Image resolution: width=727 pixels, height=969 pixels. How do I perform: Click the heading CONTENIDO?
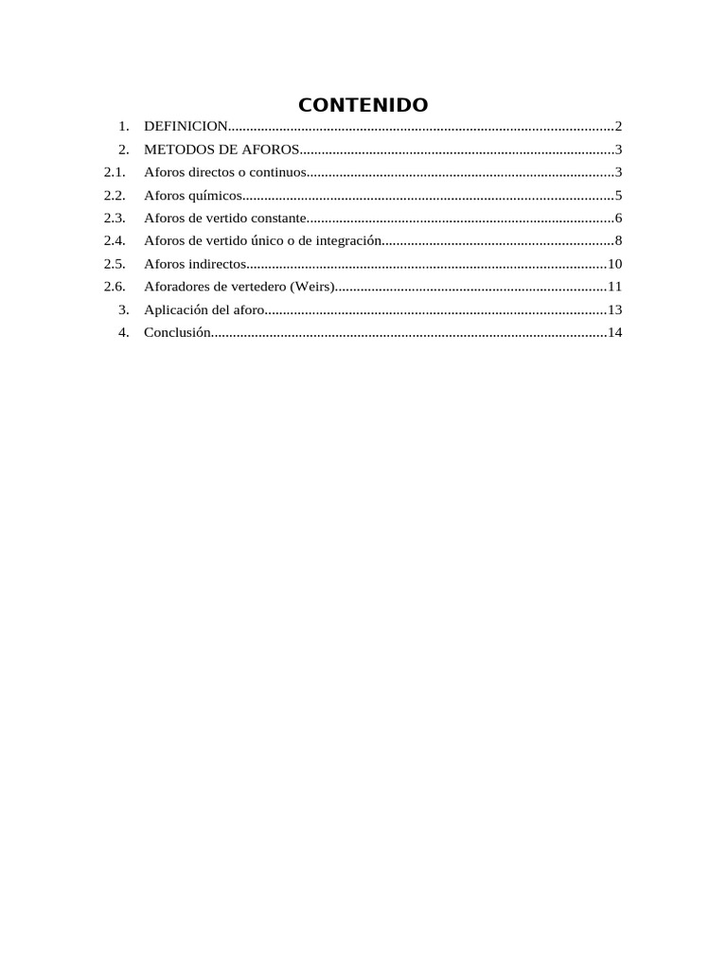[x=363, y=104]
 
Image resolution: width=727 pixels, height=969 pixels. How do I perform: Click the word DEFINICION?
[x=186, y=126]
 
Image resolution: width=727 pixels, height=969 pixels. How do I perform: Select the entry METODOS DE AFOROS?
[x=222, y=150]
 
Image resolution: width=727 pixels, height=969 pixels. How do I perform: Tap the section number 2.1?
[x=115, y=172]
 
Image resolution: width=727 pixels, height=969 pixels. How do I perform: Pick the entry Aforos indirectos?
[x=195, y=264]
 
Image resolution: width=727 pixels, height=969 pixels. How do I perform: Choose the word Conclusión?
[x=175, y=332]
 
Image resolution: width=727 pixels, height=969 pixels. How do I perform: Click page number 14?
[x=615, y=332]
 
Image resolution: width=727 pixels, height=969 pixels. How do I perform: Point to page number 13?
[x=615, y=309]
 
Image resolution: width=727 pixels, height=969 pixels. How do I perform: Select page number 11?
[x=615, y=287]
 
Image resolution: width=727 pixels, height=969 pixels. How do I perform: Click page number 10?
[x=615, y=264]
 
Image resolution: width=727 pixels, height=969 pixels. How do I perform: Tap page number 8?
[x=618, y=241]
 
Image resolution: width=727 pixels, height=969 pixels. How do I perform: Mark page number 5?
[x=618, y=196]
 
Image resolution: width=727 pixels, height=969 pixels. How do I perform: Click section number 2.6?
[x=115, y=287]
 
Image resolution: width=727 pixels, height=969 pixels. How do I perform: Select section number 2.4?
[x=115, y=241]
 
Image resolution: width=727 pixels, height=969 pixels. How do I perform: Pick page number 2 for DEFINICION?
[x=618, y=126]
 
